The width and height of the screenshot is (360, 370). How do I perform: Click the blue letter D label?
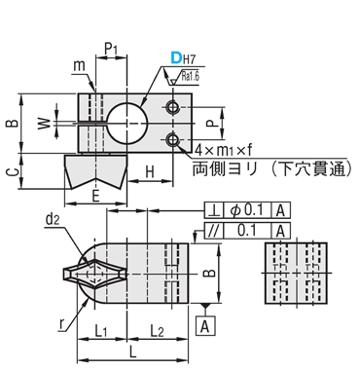pos(176,58)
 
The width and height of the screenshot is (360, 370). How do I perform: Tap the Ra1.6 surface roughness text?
pos(191,77)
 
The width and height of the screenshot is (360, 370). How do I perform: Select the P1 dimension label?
pos(111,50)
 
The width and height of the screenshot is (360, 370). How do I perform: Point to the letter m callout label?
pos(79,66)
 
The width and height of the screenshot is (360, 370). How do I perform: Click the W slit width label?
pos(45,124)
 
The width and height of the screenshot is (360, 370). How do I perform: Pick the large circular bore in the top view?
pos(127,124)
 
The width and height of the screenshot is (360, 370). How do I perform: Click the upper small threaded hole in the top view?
pos(172,107)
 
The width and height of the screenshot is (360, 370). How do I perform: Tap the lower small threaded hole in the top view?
pos(172,140)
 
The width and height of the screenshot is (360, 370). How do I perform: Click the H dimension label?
pos(150,171)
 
